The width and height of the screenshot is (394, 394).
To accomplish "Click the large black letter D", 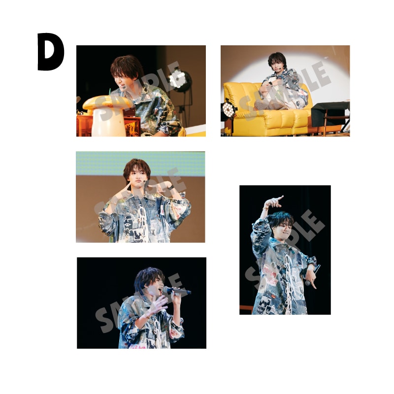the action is click(50, 52).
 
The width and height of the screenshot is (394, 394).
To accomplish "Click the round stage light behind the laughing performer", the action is click(178, 80).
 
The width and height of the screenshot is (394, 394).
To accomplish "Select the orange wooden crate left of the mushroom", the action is click(84, 126).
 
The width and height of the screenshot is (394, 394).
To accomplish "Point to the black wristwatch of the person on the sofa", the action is click(270, 83).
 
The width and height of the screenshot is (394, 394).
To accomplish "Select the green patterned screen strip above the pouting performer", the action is click(140, 164).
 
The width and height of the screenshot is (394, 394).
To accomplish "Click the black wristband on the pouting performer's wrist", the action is click(170, 188).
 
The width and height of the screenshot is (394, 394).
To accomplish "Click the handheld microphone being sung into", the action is click(177, 291).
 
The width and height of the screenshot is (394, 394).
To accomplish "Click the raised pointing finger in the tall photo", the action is click(279, 198).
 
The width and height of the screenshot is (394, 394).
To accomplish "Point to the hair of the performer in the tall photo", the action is click(280, 219).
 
